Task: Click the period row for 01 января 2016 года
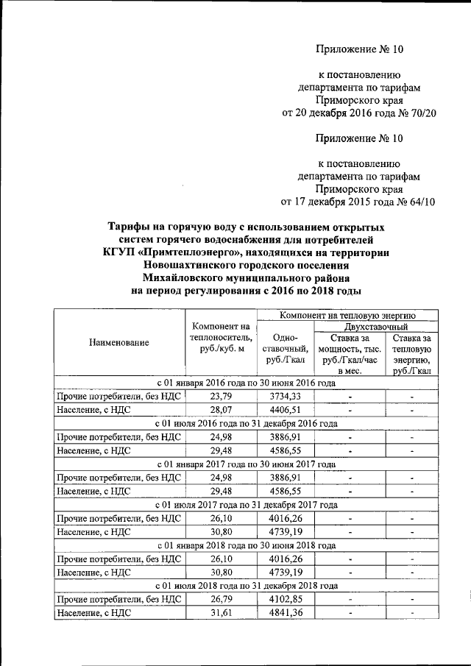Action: click(247, 383)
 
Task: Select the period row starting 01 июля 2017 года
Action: click(247, 505)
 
